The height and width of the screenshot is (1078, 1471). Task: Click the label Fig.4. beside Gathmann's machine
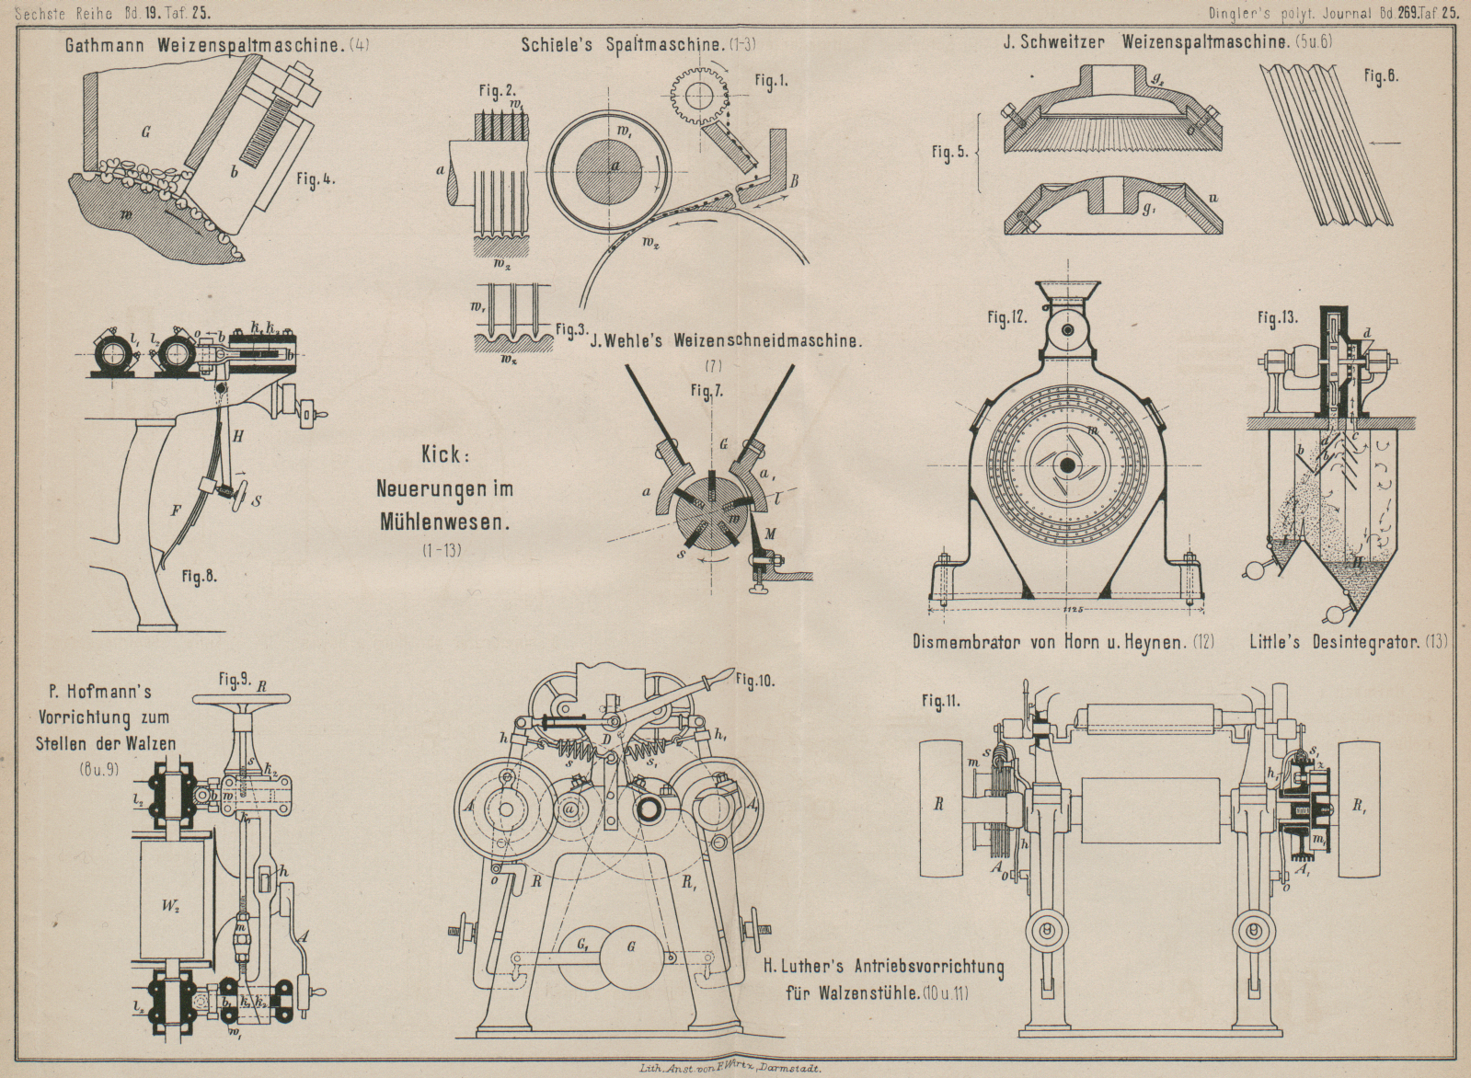[x=316, y=179]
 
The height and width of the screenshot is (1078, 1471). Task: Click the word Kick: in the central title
[x=445, y=454]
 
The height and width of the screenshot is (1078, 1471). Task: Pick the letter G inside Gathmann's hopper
[x=145, y=132]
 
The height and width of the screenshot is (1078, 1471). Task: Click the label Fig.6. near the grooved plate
[x=1382, y=77]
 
